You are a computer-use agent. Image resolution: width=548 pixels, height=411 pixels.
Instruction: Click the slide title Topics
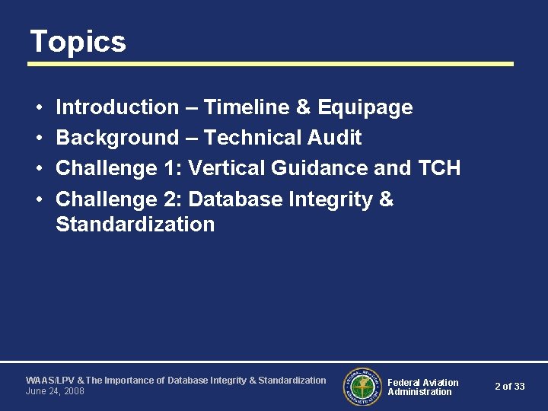point(78,42)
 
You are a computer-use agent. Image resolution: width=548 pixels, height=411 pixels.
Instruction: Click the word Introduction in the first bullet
point(116,107)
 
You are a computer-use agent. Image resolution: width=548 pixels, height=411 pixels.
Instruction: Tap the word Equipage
point(365,108)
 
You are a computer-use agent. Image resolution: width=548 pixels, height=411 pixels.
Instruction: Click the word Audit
point(336,138)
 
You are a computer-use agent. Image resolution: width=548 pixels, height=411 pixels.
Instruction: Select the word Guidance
point(323,168)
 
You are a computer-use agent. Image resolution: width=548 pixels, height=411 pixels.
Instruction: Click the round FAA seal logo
point(362,387)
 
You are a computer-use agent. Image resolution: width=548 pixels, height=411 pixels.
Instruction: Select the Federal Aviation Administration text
point(422,387)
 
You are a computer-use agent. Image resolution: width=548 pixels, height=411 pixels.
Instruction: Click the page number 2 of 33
point(509,387)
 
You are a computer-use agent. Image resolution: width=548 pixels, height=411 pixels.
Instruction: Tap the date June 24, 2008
point(55,391)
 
